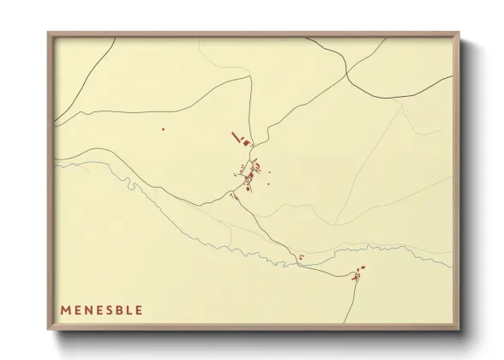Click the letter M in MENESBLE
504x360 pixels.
point(65,309)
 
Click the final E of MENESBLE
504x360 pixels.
point(138,309)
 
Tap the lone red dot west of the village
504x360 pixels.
point(163,129)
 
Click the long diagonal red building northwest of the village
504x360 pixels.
point(236,136)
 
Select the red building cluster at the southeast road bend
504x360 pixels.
point(357,274)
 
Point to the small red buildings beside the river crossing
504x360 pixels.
point(301,256)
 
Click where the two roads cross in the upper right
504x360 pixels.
point(346,72)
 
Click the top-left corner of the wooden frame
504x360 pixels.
point(49,33)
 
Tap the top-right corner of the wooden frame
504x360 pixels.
point(460,33)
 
